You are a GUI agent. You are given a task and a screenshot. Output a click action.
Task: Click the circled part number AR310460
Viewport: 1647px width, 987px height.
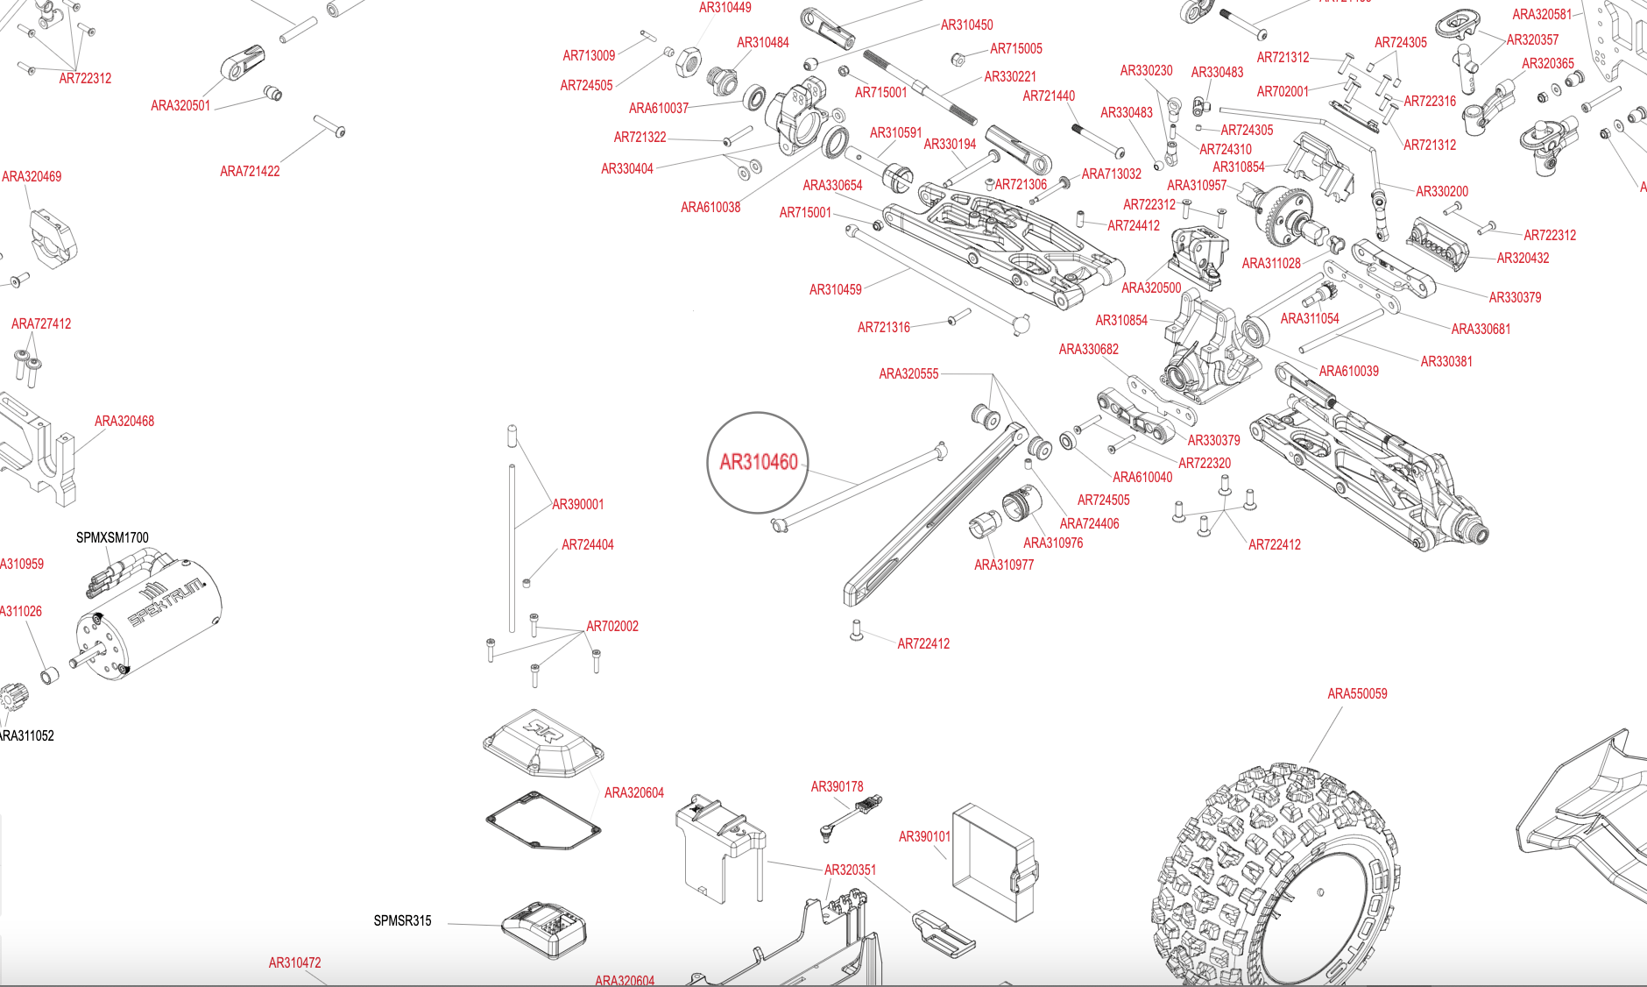[x=758, y=462]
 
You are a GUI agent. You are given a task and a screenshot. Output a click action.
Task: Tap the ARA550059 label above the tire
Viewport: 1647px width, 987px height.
[x=1357, y=693]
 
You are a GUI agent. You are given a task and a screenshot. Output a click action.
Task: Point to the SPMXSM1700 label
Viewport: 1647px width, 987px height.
[x=112, y=537]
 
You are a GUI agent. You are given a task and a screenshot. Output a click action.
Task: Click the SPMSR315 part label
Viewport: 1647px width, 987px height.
[x=402, y=920]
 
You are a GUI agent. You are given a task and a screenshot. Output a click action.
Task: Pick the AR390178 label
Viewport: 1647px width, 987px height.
[x=837, y=786]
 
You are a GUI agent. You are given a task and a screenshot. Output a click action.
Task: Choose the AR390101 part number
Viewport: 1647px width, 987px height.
[x=924, y=836]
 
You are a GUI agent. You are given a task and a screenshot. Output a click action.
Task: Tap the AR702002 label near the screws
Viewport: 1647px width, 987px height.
[x=612, y=626]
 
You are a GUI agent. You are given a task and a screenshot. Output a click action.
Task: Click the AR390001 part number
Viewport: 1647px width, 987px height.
[x=577, y=504]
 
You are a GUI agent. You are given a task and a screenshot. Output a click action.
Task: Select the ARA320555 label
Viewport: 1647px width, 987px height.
[x=908, y=373]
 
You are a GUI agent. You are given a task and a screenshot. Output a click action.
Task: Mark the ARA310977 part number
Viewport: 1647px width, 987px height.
[x=1004, y=565]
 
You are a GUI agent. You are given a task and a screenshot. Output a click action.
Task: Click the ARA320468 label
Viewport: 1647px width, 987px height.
[x=124, y=421]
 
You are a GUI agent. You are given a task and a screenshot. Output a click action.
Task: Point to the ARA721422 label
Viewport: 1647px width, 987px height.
[x=250, y=171]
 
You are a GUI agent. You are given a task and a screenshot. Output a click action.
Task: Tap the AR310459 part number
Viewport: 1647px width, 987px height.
[x=835, y=289]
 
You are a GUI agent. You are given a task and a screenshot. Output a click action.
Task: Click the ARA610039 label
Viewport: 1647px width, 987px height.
[x=1348, y=371]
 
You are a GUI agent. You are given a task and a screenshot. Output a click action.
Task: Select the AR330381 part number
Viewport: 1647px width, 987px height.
[x=1446, y=361]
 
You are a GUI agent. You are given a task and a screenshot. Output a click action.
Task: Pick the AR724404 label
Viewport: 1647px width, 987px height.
[x=588, y=544]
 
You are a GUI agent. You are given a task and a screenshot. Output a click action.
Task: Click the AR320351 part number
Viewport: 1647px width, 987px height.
[x=850, y=870]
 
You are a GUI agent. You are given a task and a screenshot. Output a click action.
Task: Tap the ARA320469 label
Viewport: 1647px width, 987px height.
[x=32, y=176]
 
